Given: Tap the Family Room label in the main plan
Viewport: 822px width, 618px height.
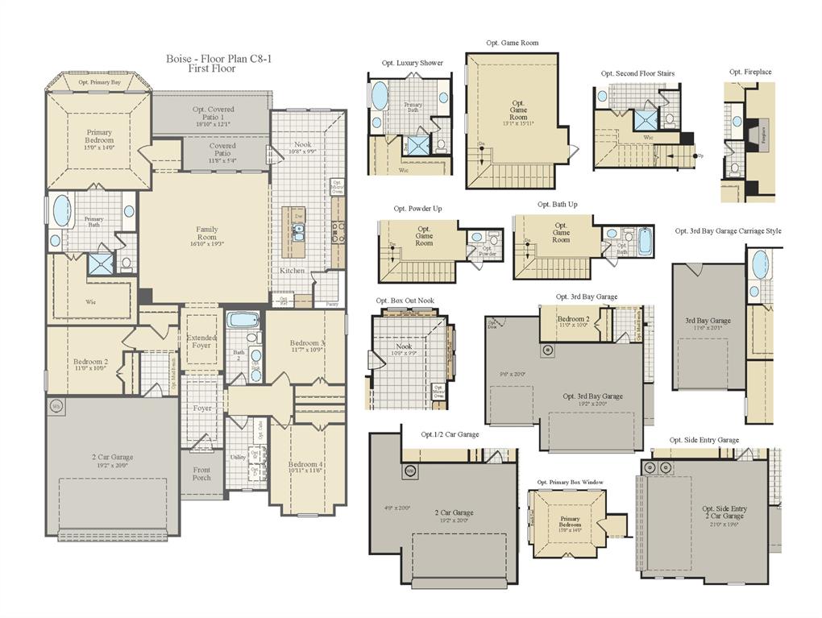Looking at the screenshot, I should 207,234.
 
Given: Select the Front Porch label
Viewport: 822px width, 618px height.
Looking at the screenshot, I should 201,474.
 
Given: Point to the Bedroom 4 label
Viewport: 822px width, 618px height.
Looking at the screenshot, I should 307,465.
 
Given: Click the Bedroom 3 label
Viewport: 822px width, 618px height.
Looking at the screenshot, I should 307,347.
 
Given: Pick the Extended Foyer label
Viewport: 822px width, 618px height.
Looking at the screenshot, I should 201,341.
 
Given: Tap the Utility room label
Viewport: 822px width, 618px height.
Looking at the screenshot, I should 238,457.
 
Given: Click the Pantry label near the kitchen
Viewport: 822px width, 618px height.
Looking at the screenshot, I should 332,304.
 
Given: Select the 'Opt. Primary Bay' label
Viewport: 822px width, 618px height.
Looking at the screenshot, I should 100,82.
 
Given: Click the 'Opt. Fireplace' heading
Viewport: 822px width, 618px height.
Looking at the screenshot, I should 749,72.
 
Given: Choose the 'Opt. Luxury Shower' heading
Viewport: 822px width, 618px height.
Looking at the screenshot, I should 412,63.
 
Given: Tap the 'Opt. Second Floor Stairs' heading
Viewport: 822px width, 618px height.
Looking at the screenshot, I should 637,73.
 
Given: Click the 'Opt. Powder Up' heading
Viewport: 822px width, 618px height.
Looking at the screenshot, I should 417,209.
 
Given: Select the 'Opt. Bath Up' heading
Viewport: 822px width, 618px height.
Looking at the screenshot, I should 557,205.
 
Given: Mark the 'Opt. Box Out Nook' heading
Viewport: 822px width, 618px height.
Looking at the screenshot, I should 405,301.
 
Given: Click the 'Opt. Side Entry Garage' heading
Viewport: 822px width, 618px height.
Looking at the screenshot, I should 704,440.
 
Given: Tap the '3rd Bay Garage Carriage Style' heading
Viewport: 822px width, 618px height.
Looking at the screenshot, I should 728,230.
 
